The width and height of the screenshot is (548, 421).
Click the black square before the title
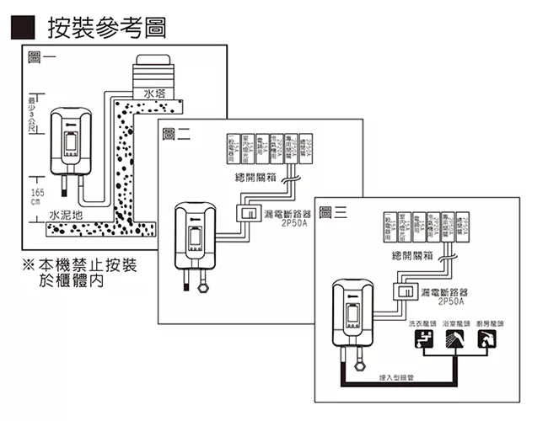[21, 27]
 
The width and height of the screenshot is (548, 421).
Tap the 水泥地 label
[67, 215]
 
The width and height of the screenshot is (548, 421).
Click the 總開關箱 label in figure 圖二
[256, 178]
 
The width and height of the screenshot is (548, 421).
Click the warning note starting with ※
[80, 274]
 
